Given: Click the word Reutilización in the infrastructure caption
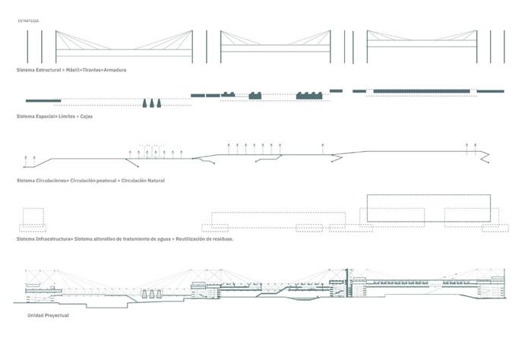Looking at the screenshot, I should pos(183,238).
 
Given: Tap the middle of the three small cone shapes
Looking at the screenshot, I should pos(153,103).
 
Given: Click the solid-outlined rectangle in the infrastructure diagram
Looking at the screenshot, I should pos(429,208).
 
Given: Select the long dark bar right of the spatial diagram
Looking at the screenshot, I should pos(423,91).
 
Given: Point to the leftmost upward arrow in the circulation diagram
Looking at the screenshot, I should pos(27,159).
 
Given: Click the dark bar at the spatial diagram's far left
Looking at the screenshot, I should pos(44,100).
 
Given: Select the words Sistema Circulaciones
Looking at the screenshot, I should pos(42,180).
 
